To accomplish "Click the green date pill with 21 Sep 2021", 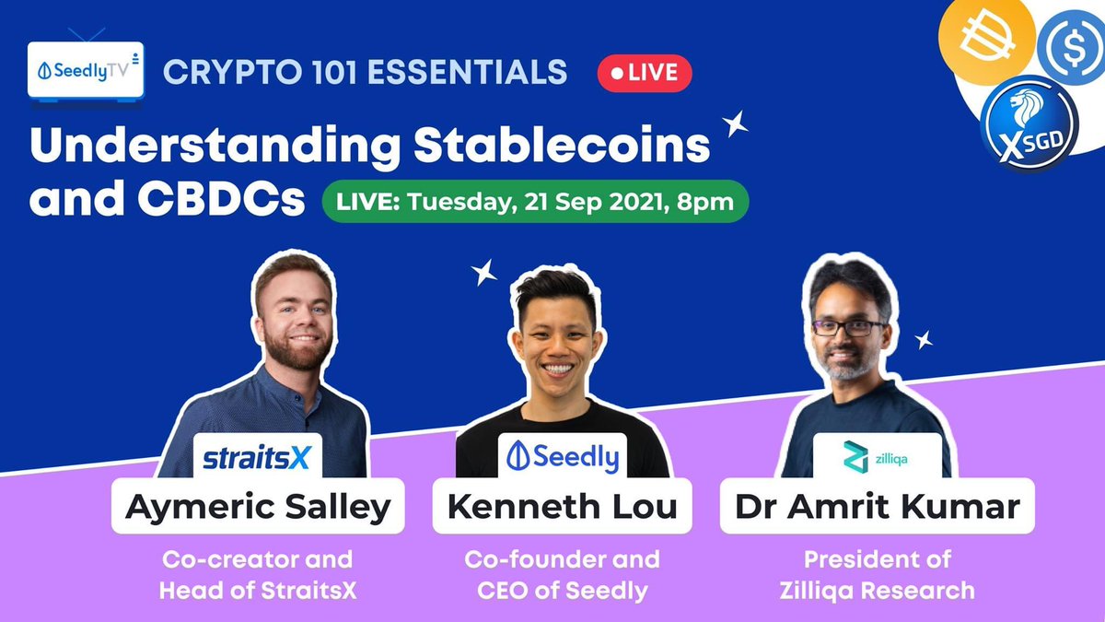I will coord(534,201).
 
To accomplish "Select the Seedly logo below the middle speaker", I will coord(564,455).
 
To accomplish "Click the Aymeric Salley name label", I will coord(258,506).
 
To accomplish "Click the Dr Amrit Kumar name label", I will coord(877,506).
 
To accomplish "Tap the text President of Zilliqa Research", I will coord(877,574).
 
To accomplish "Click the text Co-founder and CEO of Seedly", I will coord(562,574).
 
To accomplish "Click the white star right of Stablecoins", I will coord(735,123).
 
